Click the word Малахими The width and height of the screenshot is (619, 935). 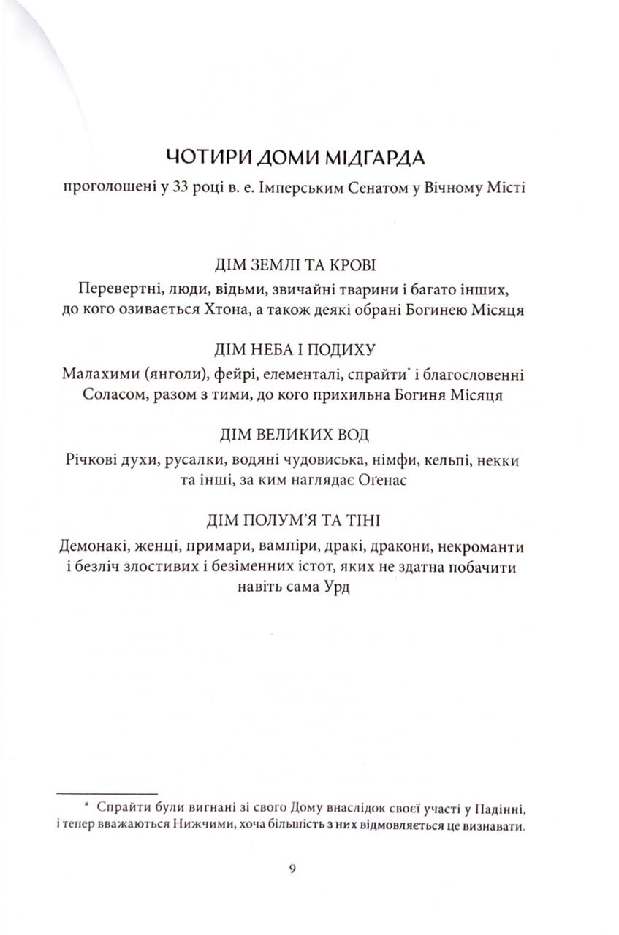98,373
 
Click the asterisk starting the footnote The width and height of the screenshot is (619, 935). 86,806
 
